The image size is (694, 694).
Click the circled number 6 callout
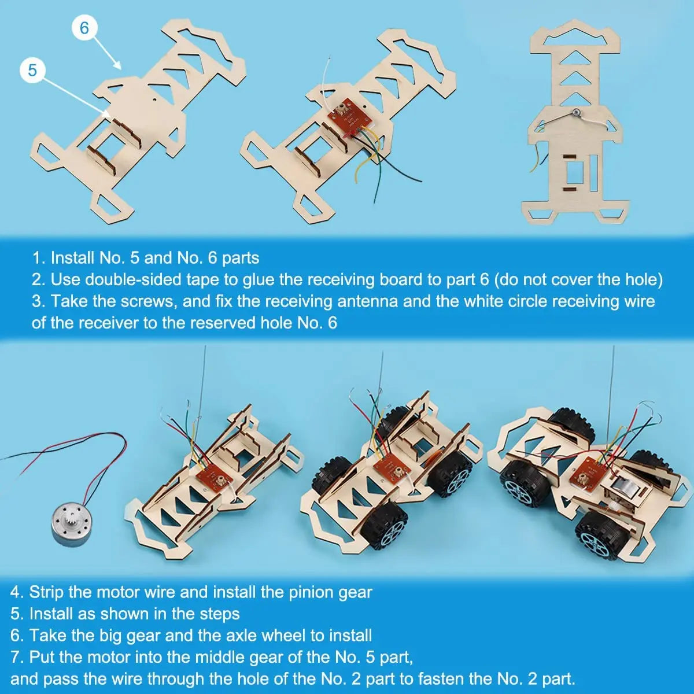84,27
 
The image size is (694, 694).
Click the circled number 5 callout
32,70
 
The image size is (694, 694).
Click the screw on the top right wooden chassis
576,114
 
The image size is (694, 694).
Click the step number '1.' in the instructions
38,257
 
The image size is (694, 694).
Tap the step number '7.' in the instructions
17,656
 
